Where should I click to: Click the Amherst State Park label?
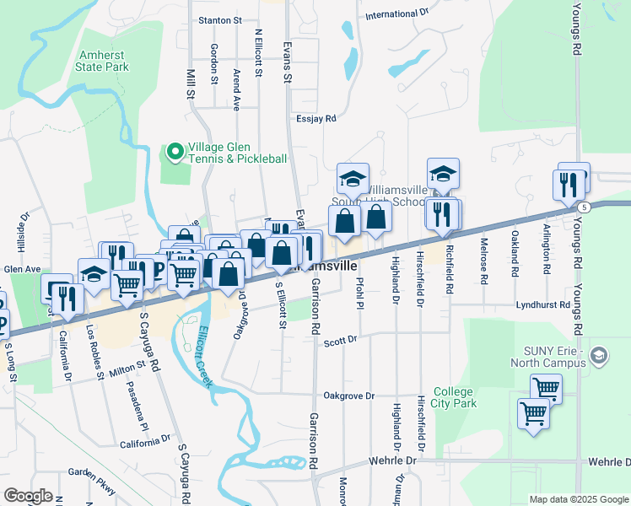tap(102, 59)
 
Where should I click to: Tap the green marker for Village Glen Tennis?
tap(175, 152)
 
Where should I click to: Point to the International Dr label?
tap(397, 14)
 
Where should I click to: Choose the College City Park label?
tap(455, 397)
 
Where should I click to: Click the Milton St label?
tap(127, 369)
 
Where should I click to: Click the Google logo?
tap(29, 496)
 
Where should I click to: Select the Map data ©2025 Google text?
tap(578, 499)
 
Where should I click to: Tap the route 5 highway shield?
tap(583, 207)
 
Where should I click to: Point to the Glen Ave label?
tap(22, 269)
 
